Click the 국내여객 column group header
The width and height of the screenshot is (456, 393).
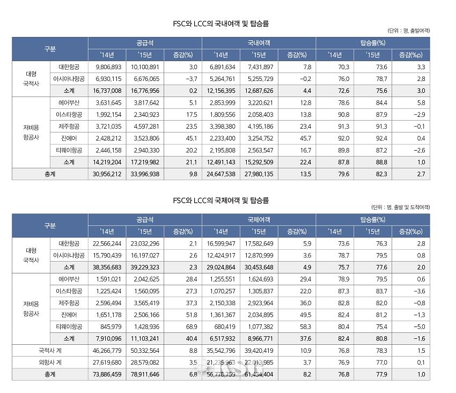click(x=259, y=42)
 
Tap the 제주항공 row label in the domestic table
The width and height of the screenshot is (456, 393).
click(x=69, y=126)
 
